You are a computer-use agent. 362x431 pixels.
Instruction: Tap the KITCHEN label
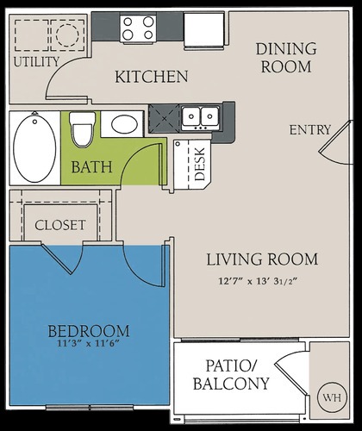coord(152,78)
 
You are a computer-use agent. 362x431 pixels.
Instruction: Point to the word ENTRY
coord(310,130)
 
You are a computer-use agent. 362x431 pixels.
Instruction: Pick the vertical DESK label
coord(200,162)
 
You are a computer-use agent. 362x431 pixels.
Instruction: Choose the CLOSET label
coord(60,225)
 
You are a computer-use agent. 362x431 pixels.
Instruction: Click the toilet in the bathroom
coord(82,129)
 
